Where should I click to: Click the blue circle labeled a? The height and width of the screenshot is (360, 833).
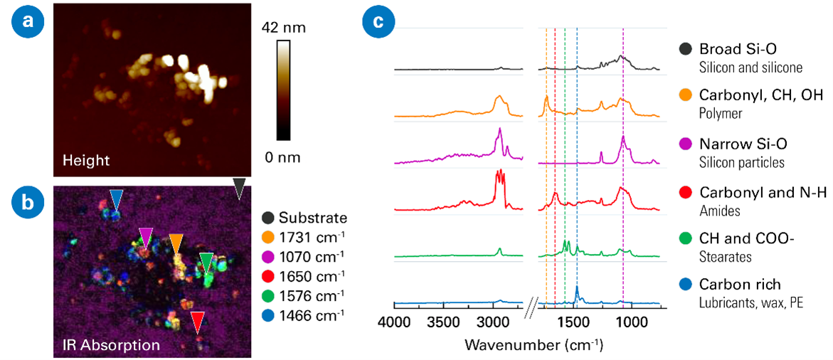click(28, 22)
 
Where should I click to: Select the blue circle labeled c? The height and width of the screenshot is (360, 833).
click(378, 22)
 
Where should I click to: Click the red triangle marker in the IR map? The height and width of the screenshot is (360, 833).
click(198, 322)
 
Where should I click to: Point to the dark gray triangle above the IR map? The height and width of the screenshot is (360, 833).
click(240, 188)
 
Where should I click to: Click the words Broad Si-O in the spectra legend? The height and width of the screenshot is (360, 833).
click(737, 49)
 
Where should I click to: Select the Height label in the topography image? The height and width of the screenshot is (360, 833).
click(86, 160)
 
